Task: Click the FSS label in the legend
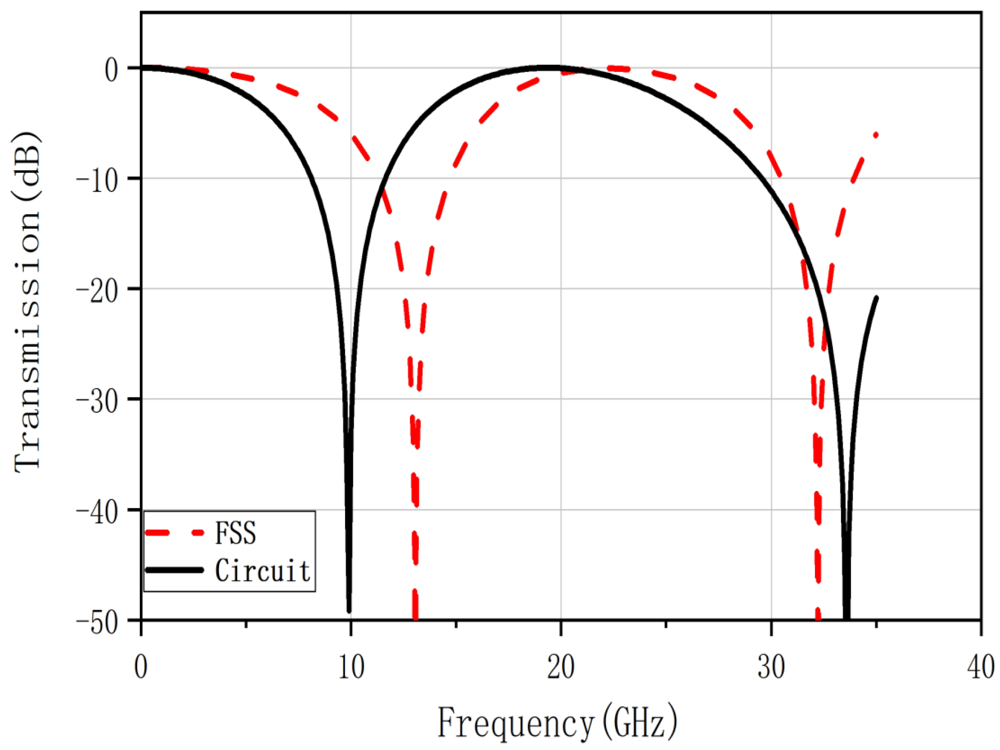[235, 533]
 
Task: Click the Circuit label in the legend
[263, 571]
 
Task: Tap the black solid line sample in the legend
[174, 570]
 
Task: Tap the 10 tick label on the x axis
[351, 666]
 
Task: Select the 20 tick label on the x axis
[561, 666]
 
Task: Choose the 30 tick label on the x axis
[771, 666]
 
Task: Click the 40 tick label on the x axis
[980, 666]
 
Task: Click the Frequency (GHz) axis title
[557, 723]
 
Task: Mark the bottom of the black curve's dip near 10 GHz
[349, 611]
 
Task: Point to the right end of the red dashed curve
[876, 135]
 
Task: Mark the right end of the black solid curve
[876, 298]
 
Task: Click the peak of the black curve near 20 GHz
[548, 68]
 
